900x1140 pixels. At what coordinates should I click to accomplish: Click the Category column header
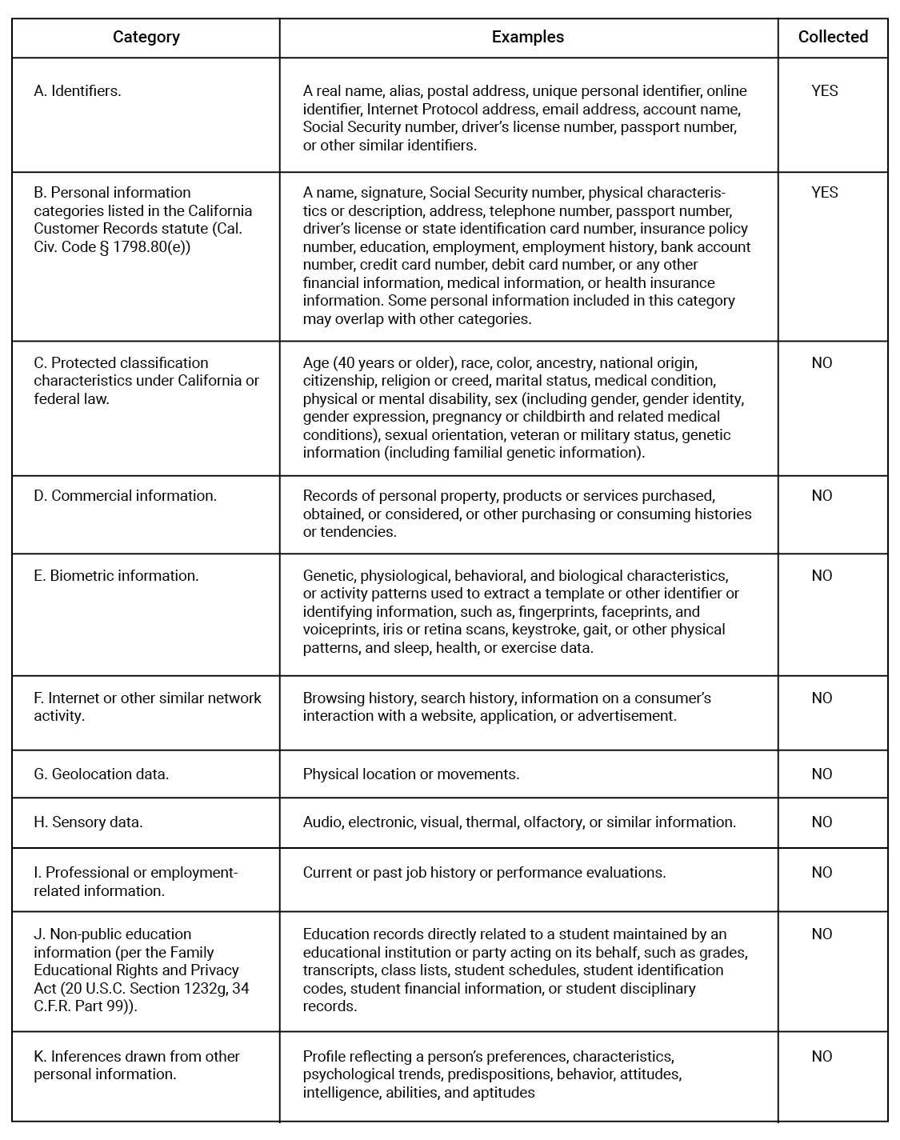point(146,37)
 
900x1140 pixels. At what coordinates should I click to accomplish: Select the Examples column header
point(527,37)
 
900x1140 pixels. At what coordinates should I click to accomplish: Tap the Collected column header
point(833,37)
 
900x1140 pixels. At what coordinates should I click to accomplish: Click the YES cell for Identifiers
point(824,91)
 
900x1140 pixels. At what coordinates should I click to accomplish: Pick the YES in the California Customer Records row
point(824,193)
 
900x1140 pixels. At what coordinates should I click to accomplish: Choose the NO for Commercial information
point(822,496)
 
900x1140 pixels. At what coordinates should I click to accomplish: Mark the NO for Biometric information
point(822,576)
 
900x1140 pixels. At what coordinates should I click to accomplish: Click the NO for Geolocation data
point(822,774)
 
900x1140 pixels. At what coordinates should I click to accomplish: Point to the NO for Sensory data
point(822,822)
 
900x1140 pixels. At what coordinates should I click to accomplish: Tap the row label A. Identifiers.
point(78,91)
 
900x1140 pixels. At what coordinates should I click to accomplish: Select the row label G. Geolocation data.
point(101,774)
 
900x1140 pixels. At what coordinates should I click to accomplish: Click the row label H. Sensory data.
point(88,822)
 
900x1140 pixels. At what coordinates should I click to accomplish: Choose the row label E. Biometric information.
point(116,576)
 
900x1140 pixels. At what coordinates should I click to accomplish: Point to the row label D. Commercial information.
point(125,496)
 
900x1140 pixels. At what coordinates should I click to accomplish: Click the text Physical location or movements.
point(410,774)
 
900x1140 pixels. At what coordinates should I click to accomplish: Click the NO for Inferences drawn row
point(822,1057)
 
